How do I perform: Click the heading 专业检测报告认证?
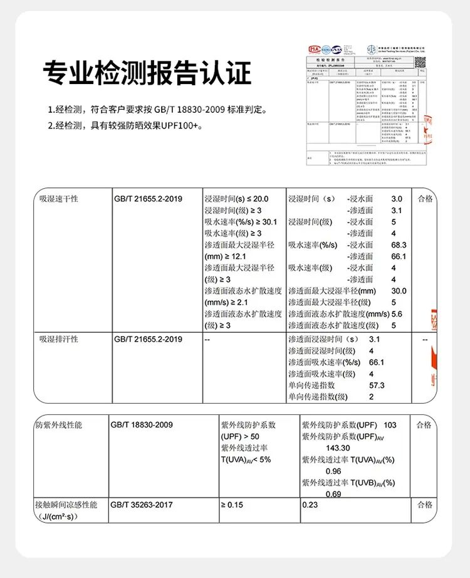147,73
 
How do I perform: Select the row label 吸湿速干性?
59,199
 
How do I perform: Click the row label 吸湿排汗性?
59,339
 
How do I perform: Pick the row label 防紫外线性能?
61,425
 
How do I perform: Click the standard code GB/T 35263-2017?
141,505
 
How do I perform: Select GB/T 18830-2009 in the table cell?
141,425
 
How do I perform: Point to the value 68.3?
399,245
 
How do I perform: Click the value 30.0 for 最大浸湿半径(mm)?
399,291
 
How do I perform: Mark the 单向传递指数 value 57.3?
377,385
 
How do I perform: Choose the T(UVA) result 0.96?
333,471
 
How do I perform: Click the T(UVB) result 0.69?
333,495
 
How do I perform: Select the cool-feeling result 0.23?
310,505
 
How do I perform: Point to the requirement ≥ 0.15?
231,505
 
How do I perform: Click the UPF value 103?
390,425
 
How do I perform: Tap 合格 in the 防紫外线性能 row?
424,425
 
